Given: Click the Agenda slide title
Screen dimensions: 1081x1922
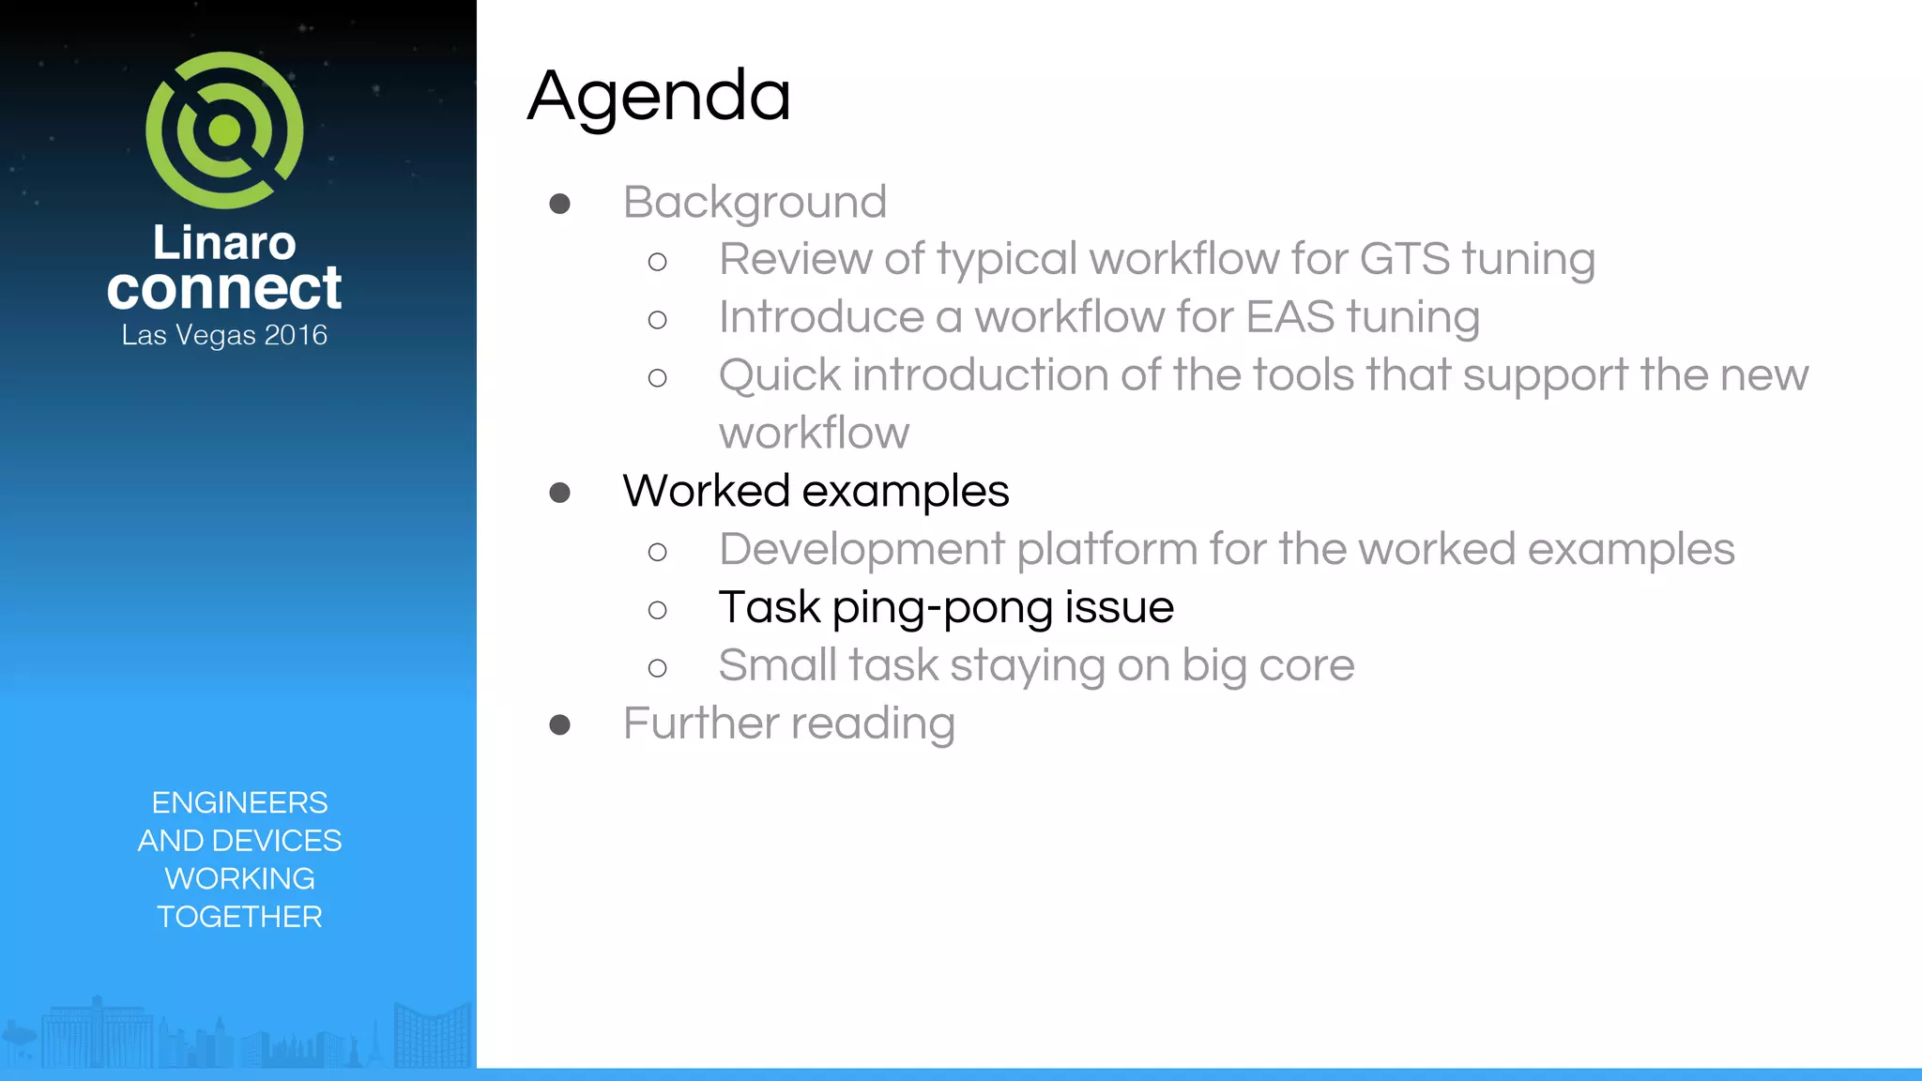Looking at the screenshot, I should click(659, 97).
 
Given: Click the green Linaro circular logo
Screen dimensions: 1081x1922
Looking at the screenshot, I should click(224, 129).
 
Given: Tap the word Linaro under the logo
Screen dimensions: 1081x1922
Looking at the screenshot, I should click(224, 242).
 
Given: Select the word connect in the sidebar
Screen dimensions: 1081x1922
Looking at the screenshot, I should click(224, 288).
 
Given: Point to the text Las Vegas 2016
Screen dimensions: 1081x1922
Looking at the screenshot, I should click(224, 335).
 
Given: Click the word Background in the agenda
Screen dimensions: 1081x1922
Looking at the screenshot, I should click(755, 203).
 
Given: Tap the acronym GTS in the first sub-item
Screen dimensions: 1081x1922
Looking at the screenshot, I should click(1404, 259).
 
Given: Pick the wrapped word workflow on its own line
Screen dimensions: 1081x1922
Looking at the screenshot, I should click(814, 434).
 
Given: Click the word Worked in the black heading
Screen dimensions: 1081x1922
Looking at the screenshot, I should click(706, 491).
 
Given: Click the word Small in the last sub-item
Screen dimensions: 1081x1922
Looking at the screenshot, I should click(777, 665).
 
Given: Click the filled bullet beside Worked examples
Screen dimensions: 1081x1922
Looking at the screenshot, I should click(560, 493).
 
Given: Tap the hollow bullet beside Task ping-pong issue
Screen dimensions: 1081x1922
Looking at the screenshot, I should click(657, 610).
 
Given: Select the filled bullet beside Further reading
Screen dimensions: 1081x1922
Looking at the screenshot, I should click(560, 724).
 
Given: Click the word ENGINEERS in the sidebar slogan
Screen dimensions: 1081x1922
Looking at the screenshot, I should click(239, 802).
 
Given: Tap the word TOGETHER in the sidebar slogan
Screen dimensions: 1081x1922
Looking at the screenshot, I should click(239, 917).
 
